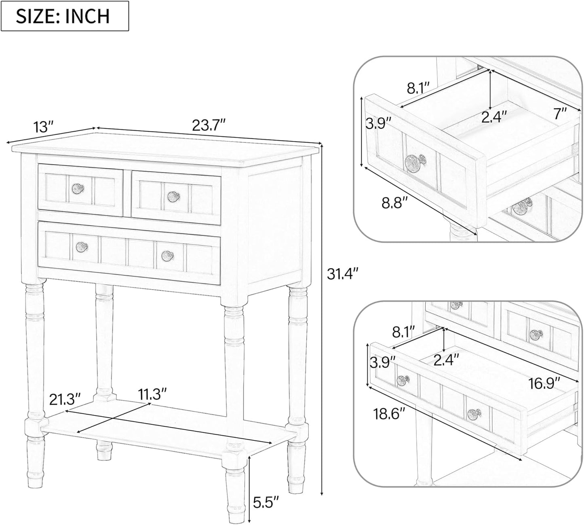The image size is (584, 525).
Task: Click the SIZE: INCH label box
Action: tap(65, 16)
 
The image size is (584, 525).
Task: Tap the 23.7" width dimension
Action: tap(209, 125)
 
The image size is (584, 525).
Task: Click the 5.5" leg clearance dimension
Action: tap(266, 502)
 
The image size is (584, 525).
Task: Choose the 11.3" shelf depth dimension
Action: tap(152, 394)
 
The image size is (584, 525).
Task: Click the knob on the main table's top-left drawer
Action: tap(78, 188)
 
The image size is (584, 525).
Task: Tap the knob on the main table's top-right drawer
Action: tap(173, 197)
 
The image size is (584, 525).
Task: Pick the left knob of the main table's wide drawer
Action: tap(82, 247)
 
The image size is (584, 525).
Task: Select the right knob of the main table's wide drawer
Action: tap(168, 255)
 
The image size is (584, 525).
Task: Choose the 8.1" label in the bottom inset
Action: tap(404, 332)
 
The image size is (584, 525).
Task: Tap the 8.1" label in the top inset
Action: tap(419, 88)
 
